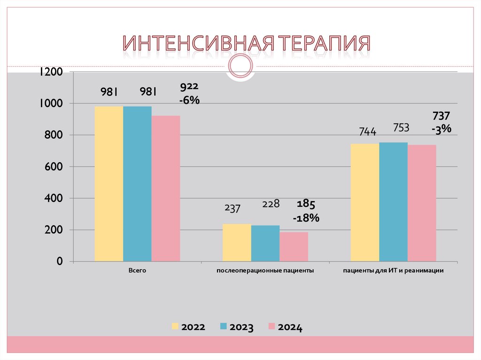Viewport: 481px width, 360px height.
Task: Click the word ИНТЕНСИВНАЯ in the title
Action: pyautogui.click(x=198, y=44)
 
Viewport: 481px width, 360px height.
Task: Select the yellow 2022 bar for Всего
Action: pyautogui.click(x=109, y=184)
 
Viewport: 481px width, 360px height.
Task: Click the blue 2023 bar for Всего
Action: pyautogui.click(x=137, y=184)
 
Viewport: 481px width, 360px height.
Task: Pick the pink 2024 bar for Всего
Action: pyautogui.click(x=165, y=188)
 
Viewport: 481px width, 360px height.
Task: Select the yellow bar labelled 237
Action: pyautogui.click(x=237, y=242)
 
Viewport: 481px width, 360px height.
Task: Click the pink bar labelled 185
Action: pyautogui.click(x=294, y=246)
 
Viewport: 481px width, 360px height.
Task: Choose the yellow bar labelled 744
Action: pyautogui.click(x=365, y=202)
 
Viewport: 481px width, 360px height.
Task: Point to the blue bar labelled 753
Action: pyautogui.click(x=393, y=201)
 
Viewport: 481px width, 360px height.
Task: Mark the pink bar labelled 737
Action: pyautogui.click(x=422, y=203)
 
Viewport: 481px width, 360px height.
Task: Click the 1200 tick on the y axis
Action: pyautogui.click(x=51, y=72)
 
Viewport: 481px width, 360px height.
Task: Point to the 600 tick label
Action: pyautogui.click(x=54, y=167)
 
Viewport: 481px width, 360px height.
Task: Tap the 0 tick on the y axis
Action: pyautogui.click(x=59, y=261)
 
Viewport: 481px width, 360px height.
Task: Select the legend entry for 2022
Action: pyautogui.click(x=188, y=327)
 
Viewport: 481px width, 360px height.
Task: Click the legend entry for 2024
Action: pyautogui.click(x=285, y=327)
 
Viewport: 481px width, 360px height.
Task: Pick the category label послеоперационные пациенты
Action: pyautogui.click(x=265, y=271)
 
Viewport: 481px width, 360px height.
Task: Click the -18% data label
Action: pyautogui.click(x=306, y=218)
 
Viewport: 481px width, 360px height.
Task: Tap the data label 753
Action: pyautogui.click(x=401, y=128)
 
